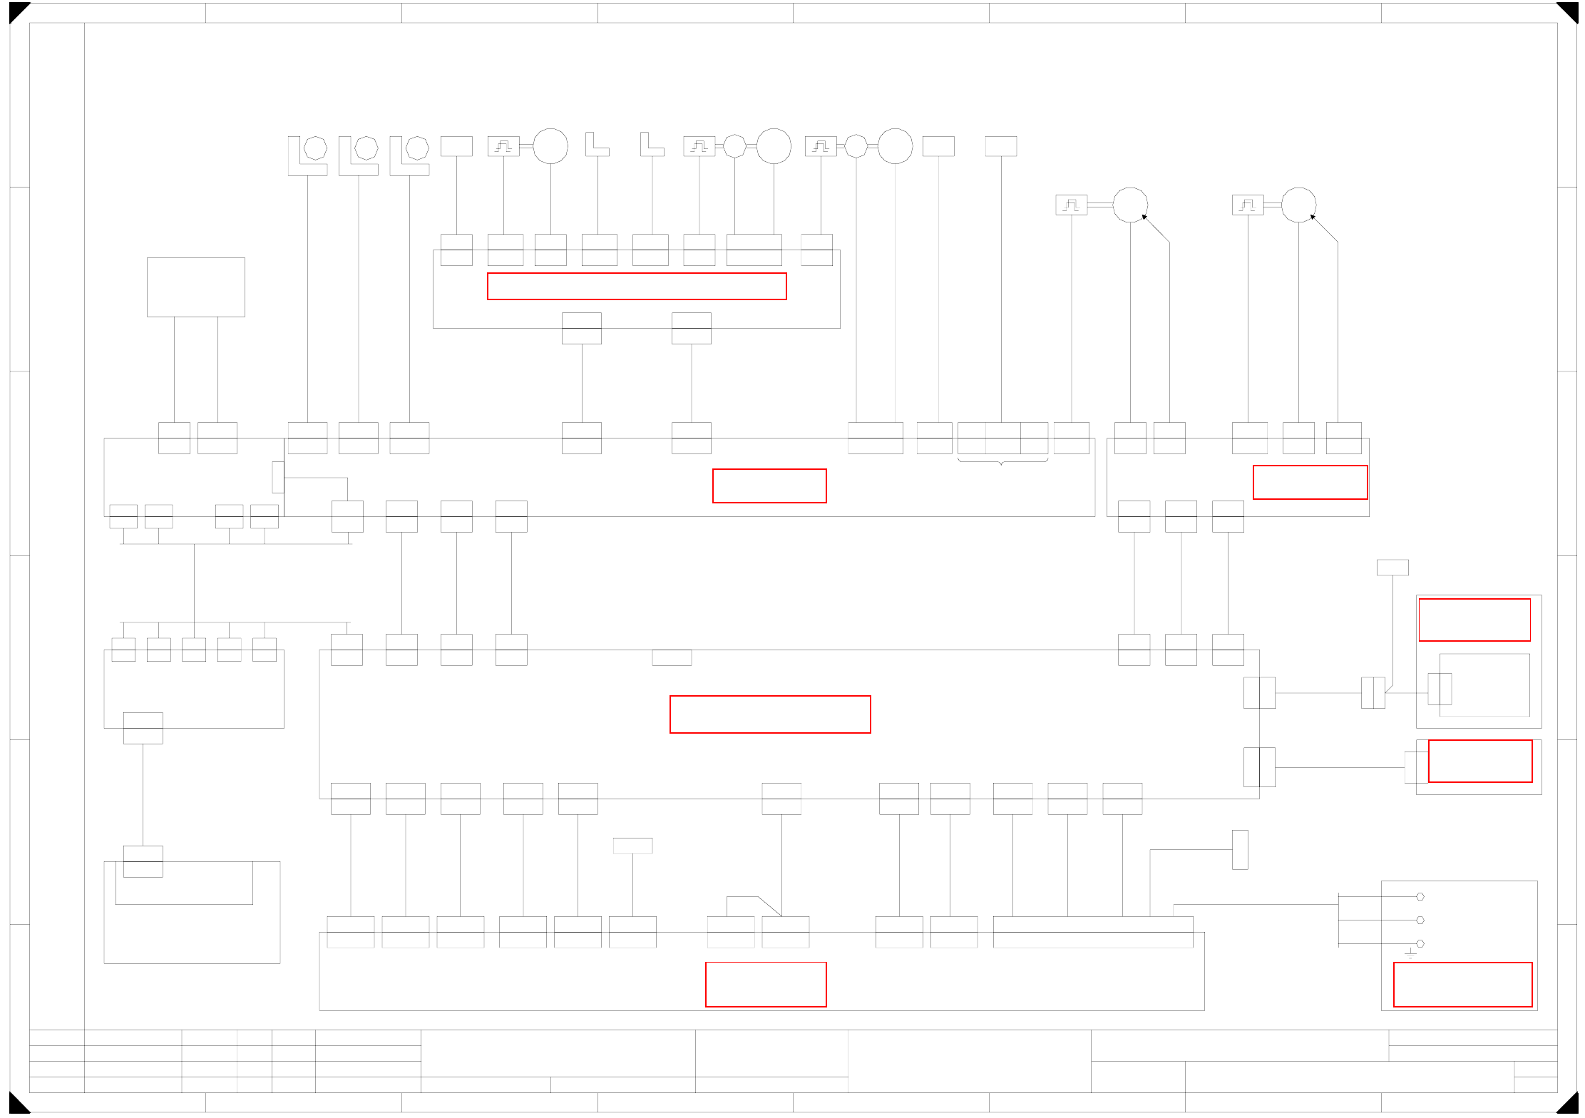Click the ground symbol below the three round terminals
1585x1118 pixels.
[x=1410, y=954]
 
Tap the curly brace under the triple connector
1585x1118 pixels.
[x=1002, y=462]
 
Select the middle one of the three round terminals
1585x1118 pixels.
[x=1420, y=920]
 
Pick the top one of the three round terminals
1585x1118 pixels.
[x=1420, y=896]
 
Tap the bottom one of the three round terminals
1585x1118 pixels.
[x=1420, y=943]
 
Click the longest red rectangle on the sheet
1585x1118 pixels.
[x=637, y=286]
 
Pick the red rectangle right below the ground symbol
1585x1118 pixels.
[x=1462, y=984]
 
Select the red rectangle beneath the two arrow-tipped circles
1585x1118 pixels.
[x=1310, y=482]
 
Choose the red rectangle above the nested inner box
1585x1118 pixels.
[x=1474, y=620]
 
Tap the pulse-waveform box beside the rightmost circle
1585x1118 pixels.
[x=1248, y=205]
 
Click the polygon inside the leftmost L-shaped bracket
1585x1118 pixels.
[x=315, y=148]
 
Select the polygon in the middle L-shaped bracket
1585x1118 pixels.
[x=366, y=148]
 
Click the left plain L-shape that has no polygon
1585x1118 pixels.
[x=596, y=144]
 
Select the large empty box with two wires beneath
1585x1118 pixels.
[x=195, y=287]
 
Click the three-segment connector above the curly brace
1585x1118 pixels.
[x=1002, y=438]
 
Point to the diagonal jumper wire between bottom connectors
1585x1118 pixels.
[x=770, y=906]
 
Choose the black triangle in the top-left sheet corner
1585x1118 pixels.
[x=17, y=11]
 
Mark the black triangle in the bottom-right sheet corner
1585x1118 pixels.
[x=1569, y=1105]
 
